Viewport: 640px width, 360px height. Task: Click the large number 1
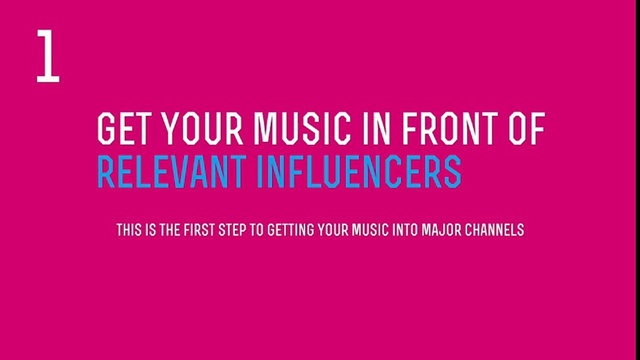click(x=48, y=55)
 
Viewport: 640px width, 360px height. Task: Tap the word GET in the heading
click(x=124, y=129)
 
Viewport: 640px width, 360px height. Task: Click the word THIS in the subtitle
click(x=129, y=230)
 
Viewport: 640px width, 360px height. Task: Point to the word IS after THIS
click(x=150, y=230)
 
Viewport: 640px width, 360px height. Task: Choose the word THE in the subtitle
click(x=170, y=230)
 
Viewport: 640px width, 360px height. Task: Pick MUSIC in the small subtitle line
click(x=369, y=230)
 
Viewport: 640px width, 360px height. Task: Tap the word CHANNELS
click(x=495, y=230)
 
